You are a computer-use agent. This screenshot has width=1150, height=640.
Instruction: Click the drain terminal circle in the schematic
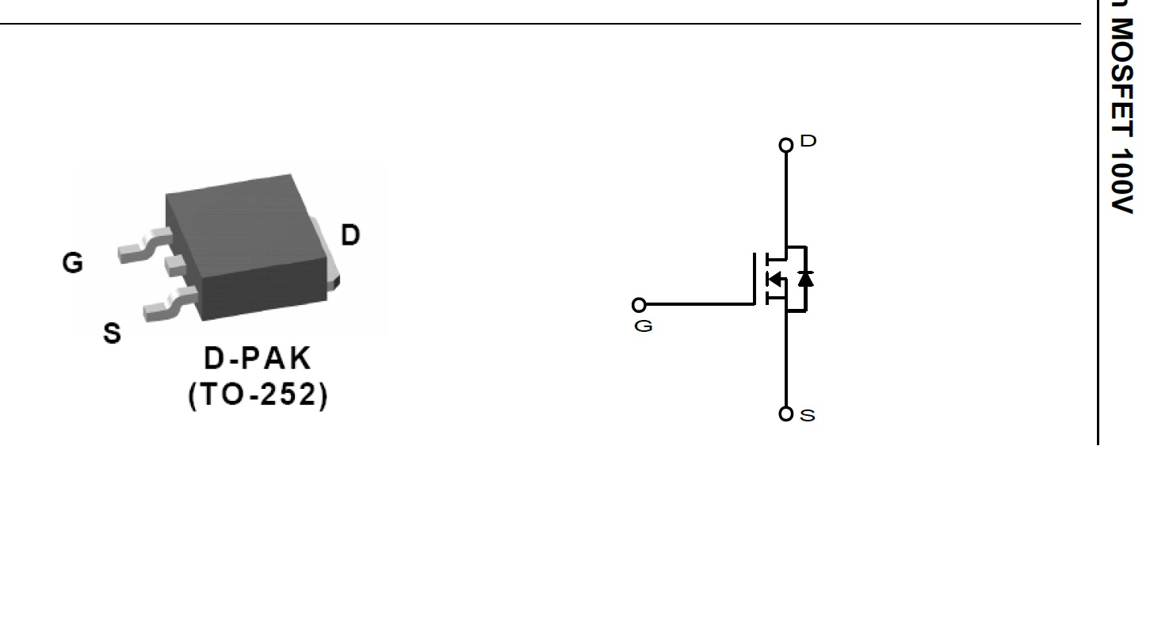[785, 145]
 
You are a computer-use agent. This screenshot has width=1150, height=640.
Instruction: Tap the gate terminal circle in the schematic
[639, 305]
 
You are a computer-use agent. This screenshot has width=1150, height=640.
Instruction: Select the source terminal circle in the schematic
[785, 413]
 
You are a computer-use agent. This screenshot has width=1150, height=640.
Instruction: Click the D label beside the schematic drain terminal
[808, 141]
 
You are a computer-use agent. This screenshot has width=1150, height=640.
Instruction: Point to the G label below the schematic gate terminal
[644, 326]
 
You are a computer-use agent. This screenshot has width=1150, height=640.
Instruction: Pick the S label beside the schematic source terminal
[808, 415]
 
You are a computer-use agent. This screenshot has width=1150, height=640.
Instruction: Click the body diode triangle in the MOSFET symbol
[805, 279]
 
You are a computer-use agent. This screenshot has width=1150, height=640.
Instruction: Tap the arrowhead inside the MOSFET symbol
[774, 279]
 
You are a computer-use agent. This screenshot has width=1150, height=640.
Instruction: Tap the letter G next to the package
[72, 262]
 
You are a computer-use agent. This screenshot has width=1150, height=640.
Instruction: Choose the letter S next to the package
[112, 333]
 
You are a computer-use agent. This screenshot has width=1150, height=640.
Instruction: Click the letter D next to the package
[350, 234]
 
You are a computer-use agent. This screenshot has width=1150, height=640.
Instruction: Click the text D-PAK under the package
[258, 358]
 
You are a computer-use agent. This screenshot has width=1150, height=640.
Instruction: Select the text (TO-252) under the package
[258, 394]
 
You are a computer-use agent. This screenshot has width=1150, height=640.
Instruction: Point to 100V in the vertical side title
[1122, 181]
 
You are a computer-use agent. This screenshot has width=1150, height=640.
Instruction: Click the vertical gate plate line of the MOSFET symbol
[755, 279]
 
